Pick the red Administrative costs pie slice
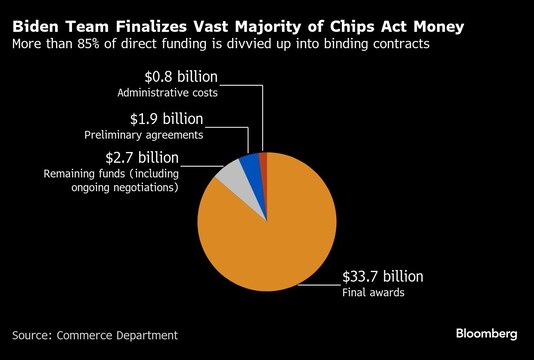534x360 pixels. click(x=263, y=160)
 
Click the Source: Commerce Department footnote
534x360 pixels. click(x=95, y=334)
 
